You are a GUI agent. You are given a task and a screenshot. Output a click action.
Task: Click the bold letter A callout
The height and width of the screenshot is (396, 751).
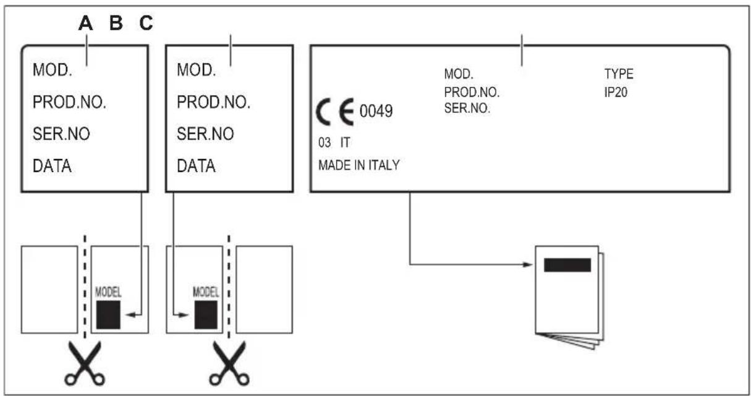click(85, 23)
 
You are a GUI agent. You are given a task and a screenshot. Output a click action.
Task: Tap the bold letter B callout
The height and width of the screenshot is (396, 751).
click(116, 23)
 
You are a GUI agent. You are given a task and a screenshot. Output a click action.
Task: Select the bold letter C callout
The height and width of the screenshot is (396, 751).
click(146, 23)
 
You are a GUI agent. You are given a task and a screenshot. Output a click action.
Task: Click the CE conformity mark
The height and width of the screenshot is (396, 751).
click(334, 112)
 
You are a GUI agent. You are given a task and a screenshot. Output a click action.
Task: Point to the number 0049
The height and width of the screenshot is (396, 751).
click(376, 111)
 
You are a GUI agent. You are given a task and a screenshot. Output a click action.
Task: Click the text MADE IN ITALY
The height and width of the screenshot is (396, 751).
click(359, 165)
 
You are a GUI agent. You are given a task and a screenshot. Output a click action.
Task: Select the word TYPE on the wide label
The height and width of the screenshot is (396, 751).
click(619, 74)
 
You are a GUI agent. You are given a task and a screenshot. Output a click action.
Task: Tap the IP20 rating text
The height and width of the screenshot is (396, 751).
click(616, 92)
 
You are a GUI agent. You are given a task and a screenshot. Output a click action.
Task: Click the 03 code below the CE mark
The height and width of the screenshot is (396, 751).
click(325, 143)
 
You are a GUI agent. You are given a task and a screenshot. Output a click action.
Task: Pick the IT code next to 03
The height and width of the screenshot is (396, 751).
click(346, 143)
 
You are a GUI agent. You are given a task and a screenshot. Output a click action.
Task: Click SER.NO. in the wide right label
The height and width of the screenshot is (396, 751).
click(467, 108)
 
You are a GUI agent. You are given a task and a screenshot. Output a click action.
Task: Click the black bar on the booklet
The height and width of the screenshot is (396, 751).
click(567, 265)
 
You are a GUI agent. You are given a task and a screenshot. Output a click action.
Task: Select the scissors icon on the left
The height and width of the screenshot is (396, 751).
click(85, 363)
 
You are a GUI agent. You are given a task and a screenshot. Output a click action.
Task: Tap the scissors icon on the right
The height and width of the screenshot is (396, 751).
click(229, 363)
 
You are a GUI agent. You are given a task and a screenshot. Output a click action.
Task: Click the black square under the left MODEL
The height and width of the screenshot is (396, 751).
click(108, 315)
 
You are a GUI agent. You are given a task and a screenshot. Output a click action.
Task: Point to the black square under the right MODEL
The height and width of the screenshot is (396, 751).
click(206, 315)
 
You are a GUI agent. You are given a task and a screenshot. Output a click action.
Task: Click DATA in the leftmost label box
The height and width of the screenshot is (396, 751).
click(52, 166)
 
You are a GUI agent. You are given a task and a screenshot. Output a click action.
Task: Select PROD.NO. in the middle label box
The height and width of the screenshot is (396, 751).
click(214, 102)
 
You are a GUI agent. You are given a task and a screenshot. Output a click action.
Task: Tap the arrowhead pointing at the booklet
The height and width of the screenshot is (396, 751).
click(527, 265)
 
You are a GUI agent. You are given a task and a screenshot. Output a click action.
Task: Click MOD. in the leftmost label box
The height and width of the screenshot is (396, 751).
click(53, 70)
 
